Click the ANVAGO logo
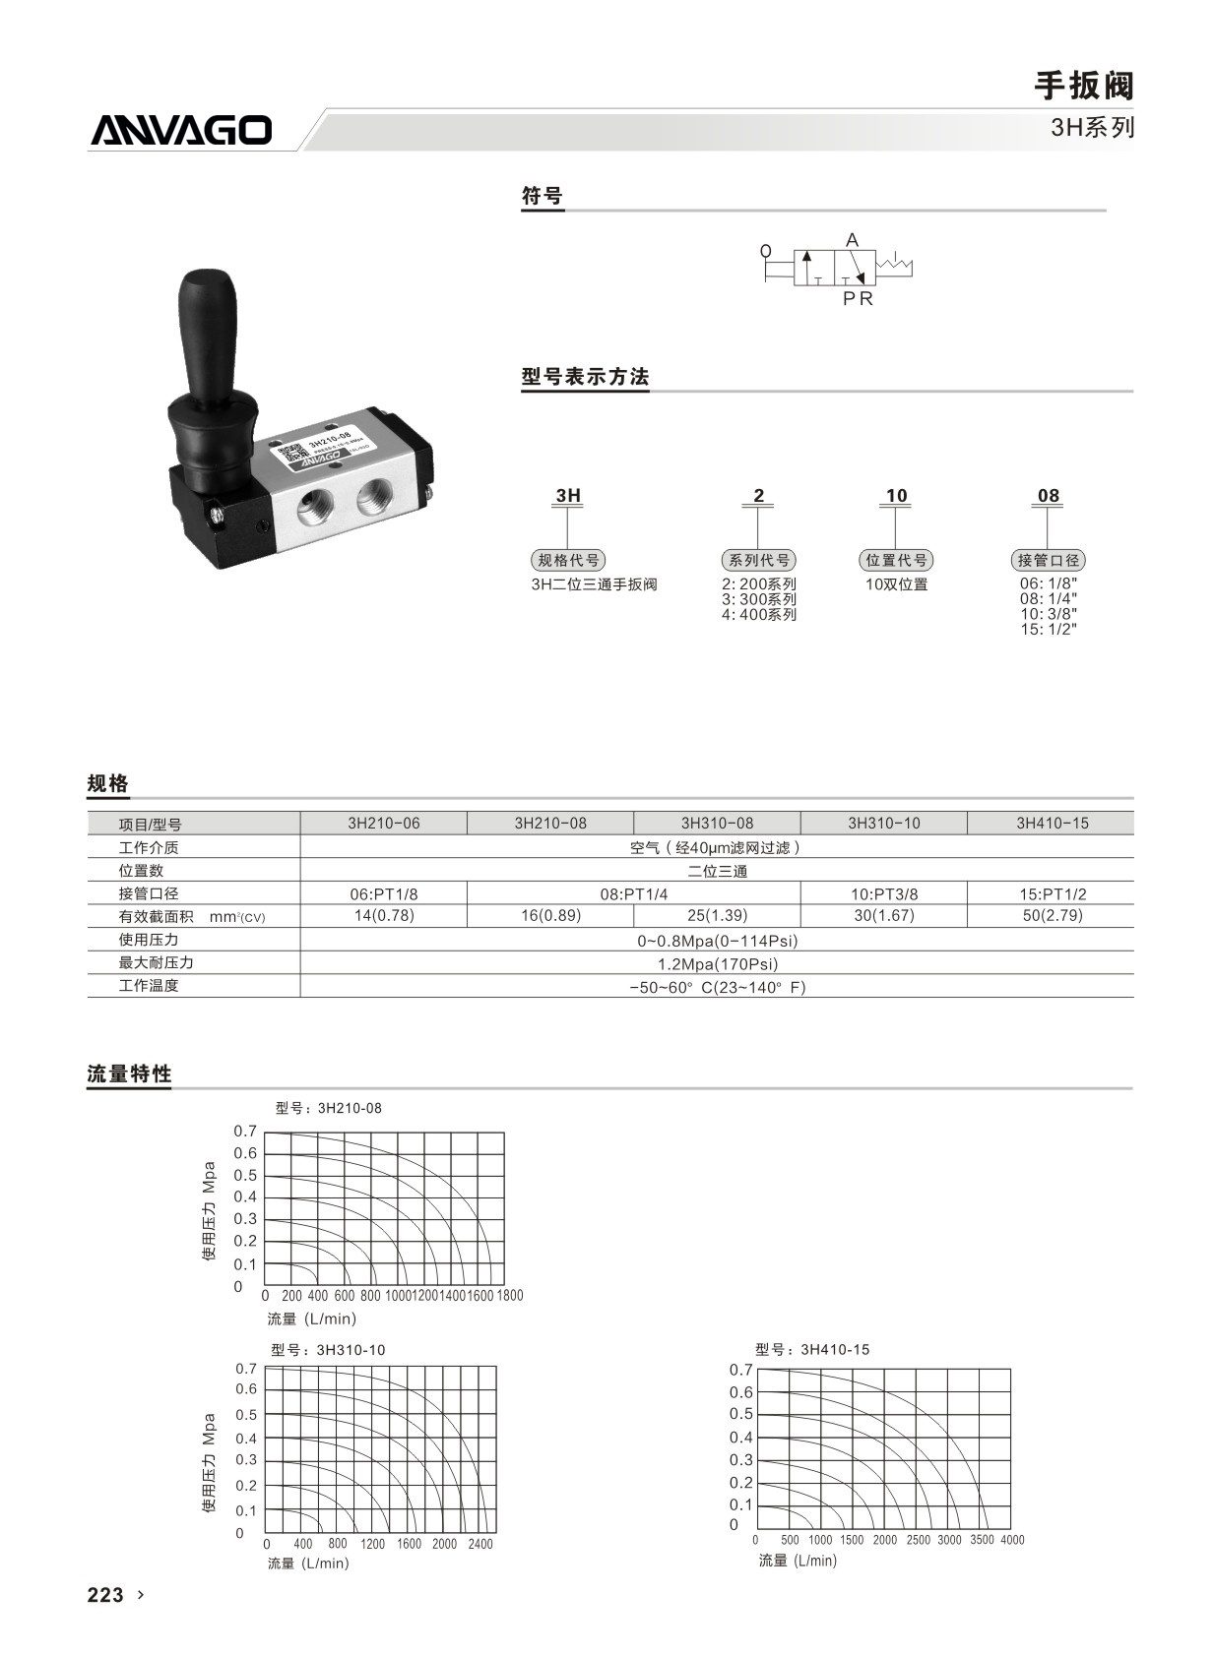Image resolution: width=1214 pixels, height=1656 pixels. point(181,131)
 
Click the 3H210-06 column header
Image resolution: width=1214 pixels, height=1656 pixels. point(383,823)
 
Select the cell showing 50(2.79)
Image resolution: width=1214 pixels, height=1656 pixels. point(1052,915)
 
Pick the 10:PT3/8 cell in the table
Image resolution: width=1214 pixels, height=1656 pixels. point(883,893)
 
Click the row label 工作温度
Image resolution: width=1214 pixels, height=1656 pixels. point(149,985)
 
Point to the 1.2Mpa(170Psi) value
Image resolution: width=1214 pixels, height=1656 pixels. point(717,963)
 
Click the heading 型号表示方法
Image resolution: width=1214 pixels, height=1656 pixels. point(585,377)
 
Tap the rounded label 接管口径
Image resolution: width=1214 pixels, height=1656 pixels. point(1048,560)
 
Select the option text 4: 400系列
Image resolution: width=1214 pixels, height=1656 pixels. point(758,615)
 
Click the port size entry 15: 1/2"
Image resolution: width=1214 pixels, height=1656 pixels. point(1048,630)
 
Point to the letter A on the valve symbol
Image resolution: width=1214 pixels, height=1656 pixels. point(852,240)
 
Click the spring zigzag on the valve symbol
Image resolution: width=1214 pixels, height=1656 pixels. point(894,265)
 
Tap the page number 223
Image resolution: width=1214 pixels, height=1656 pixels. point(105,1595)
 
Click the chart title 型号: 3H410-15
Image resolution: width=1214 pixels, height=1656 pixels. point(812,1349)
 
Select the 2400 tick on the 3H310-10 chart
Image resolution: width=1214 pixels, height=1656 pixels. point(480,1544)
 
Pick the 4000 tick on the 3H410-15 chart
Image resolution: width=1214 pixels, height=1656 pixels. point(1012,1540)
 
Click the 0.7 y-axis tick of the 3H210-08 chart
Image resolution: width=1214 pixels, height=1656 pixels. point(245,1132)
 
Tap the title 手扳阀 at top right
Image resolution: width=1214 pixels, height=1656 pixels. point(1083,86)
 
